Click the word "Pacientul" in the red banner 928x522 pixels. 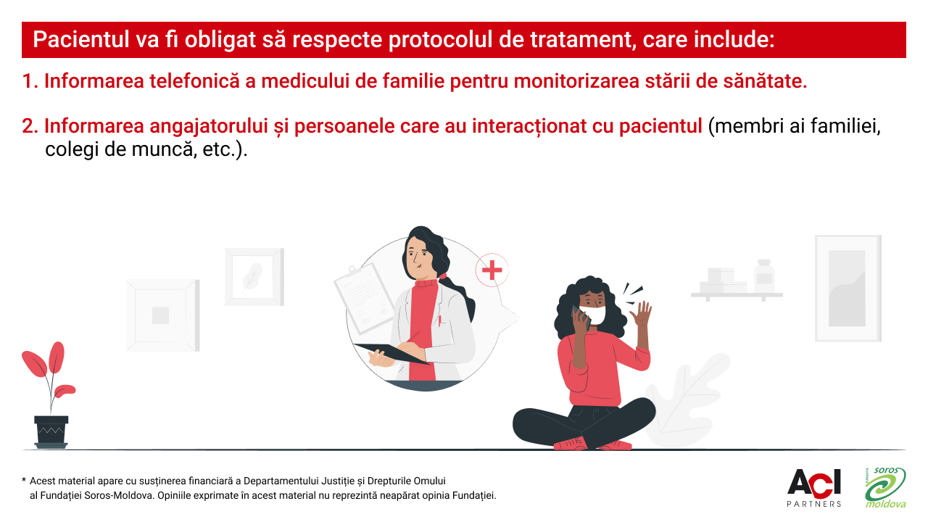click(x=81, y=39)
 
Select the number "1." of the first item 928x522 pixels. click(x=30, y=80)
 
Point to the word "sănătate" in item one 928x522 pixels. click(x=765, y=80)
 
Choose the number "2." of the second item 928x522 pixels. click(x=30, y=126)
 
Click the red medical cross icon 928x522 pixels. click(x=492, y=270)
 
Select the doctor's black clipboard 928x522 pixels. click(x=391, y=353)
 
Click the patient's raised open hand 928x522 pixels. click(x=641, y=314)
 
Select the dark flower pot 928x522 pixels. click(x=51, y=432)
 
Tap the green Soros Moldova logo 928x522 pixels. click(x=886, y=488)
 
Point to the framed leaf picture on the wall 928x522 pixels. click(x=254, y=277)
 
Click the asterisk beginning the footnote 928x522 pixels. click(x=24, y=481)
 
